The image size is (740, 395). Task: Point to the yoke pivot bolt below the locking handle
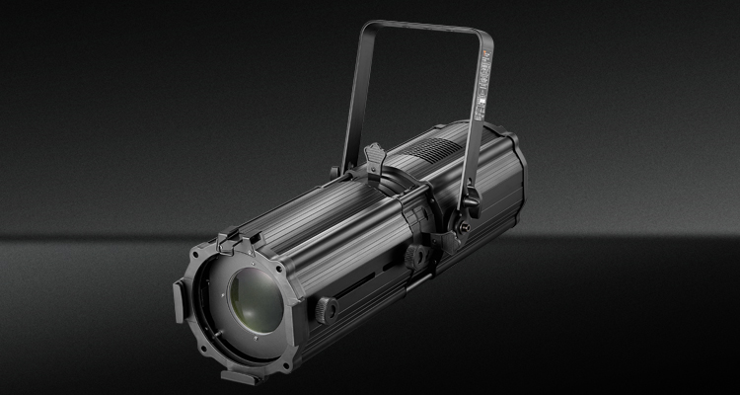coord(463,230)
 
